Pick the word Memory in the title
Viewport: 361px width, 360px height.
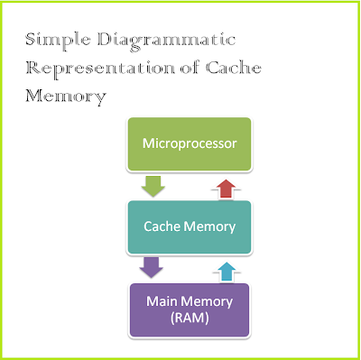[x=61, y=94]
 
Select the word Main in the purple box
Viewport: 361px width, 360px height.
[x=152, y=303]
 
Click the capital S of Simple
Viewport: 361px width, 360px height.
[x=32, y=40]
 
